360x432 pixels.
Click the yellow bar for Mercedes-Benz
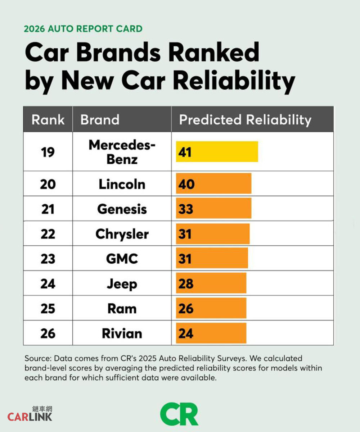(x=217, y=151)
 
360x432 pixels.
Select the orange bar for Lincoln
(x=213, y=184)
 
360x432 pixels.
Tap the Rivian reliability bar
(x=211, y=333)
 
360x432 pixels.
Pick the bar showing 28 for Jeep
(x=211, y=283)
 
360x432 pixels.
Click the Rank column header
(x=48, y=119)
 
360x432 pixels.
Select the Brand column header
(x=100, y=119)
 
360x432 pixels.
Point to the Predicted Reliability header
(x=245, y=119)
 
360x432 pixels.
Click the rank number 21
(x=48, y=209)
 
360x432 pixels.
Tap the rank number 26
(x=48, y=333)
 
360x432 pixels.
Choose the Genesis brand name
(x=122, y=209)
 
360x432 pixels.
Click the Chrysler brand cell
(x=122, y=234)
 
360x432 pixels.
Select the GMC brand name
(x=122, y=259)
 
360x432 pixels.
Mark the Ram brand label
(x=122, y=308)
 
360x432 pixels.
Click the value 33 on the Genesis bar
(x=186, y=209)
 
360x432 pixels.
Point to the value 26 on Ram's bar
(x=186, y=308)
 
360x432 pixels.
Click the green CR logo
(x=179, y=414)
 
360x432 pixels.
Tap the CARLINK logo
(x=30, y=416)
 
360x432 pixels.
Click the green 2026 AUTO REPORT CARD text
(x=83, y=29)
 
